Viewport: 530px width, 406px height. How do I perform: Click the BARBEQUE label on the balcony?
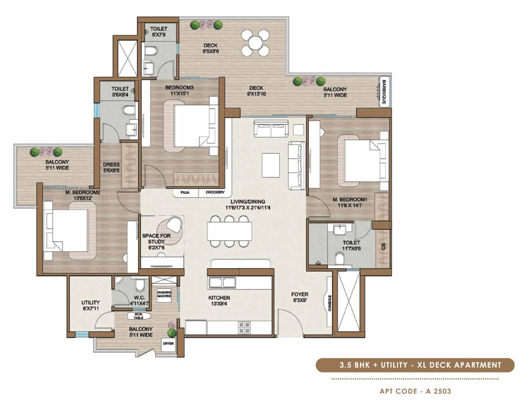coord(384,92)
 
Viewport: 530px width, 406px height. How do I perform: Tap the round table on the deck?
coord(255,43)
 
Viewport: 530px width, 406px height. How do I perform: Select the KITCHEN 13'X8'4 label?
coord(219,301)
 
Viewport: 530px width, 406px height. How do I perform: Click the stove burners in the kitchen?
coord(244,328)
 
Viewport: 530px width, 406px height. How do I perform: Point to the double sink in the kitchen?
coord(222,282)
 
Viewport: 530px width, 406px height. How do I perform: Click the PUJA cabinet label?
coord(185,192)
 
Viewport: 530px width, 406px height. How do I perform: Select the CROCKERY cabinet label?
coord(215,192)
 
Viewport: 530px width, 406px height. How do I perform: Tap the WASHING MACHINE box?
coord(164,294)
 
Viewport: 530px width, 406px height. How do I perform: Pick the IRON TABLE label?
coord(138,316)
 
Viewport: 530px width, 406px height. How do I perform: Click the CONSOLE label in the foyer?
coord(330,303)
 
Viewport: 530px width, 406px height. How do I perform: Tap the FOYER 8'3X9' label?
coord(299,297)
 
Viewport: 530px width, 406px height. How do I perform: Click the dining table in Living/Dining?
coord(230,231)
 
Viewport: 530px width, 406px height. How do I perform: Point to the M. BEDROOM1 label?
coord(350,203)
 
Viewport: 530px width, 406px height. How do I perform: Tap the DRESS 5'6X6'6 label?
coord(111,168)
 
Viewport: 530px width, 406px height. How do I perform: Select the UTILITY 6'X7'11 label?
coord(90,305)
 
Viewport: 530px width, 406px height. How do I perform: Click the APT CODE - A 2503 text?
coord(415,391)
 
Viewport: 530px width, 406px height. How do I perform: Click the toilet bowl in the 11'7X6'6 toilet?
coord(339,258)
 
